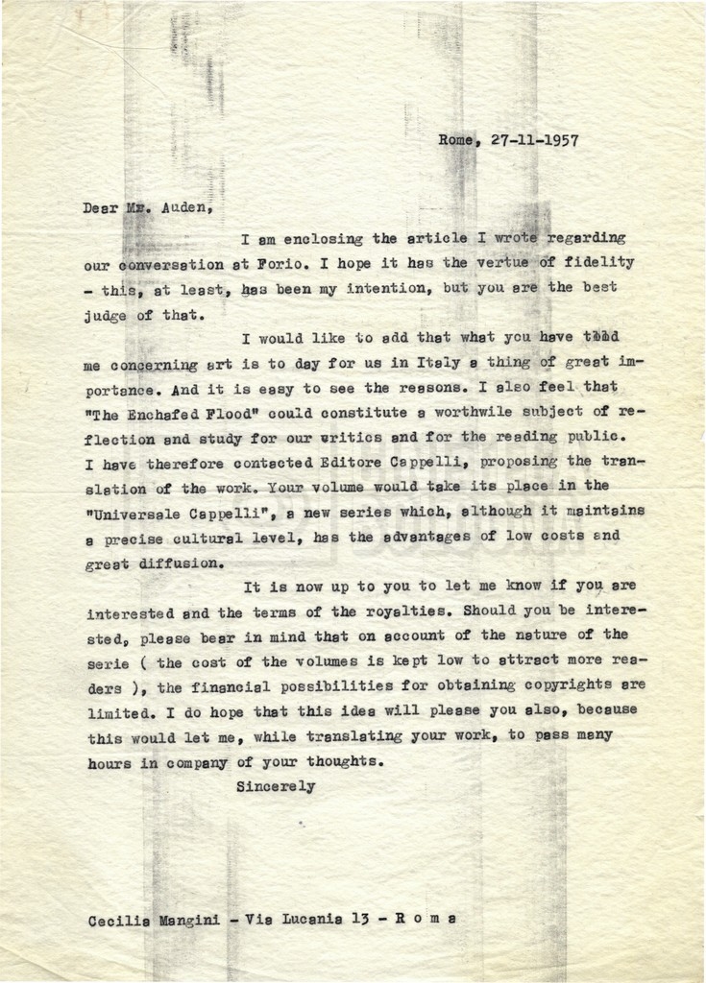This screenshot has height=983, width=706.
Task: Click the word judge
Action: [107, 313]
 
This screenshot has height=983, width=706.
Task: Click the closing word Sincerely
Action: [276, 787]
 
